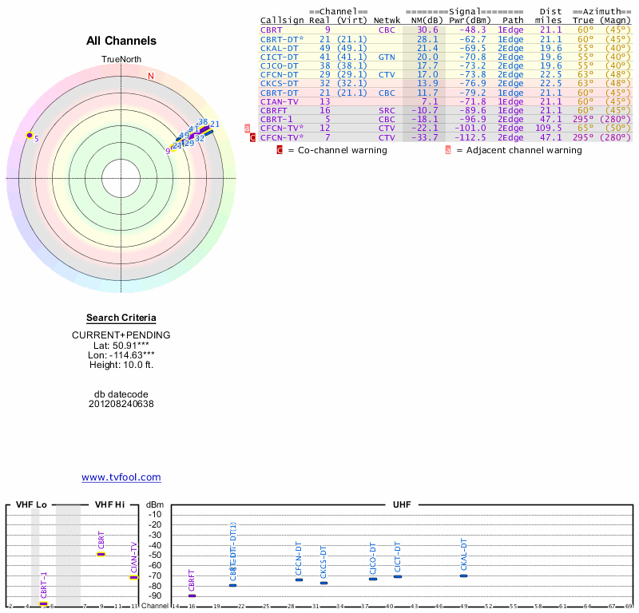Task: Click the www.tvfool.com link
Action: [121, 477]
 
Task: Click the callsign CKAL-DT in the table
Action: [280, 47]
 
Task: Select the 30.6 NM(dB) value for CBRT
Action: [427, 30]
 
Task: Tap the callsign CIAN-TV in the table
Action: [280, 101]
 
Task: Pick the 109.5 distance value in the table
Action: [549, 128]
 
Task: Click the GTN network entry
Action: [387, 57]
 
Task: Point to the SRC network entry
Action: [387, 110]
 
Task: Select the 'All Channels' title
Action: [121, 41]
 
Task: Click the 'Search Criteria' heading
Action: [121, 318]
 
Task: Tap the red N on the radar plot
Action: [150, 76]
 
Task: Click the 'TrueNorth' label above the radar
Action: [121, 60]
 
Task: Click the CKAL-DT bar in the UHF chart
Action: [463, 575]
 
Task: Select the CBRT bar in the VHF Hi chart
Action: [101, 553]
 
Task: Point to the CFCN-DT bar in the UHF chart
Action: [299, 579]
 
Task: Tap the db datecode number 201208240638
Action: [121, 404]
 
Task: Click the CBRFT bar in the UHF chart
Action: [192, 595]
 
